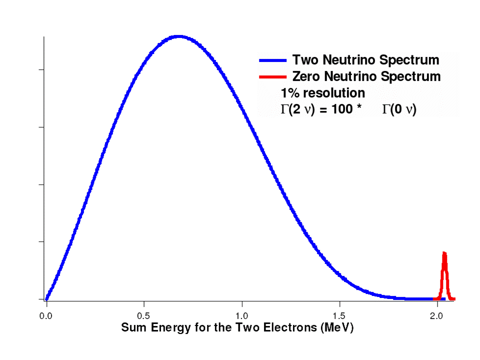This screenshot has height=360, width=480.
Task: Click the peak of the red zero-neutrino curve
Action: tap(444, 253)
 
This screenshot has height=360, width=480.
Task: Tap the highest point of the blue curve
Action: tap(178, 36)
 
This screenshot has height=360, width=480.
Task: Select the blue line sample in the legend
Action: tap(272, 60)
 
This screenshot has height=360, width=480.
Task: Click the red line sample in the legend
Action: tap(272, 77)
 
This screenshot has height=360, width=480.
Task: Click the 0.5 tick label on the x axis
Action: tap(144, 316)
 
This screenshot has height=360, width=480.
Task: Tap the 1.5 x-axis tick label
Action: tap(339, 316)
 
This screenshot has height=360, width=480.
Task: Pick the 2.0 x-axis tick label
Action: tap(437, 316)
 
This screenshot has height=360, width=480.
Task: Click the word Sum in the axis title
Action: tap(132, 328)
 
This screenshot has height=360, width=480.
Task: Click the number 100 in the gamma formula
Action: tap(341, 109)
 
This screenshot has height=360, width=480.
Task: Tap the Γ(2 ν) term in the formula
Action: tap(297, 109)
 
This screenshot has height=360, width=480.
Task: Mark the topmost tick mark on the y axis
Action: tap(41, 69)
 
